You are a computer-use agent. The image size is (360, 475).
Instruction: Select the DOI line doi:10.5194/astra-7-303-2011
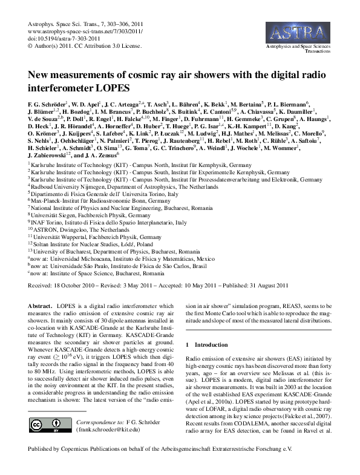[65, 38]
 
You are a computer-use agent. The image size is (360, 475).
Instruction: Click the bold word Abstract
[41, 307]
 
